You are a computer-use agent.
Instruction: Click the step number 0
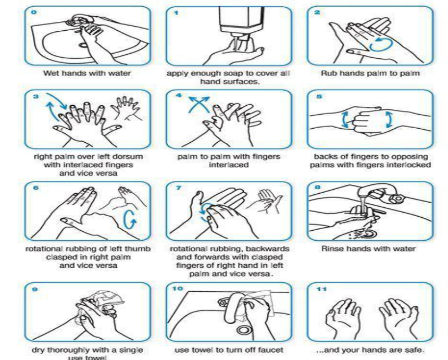click(x=34, y=13)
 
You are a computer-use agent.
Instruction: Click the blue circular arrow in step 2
click(x=381, y=44)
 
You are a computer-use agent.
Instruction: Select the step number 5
click(x=319, y=96)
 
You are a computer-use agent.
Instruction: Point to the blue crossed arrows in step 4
click(x=199, y=105)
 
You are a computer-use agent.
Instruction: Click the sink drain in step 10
click(x=244, y=330)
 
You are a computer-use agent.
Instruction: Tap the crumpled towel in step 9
click(x=108, y=300)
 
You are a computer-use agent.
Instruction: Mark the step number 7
click(x=179, y=188)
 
